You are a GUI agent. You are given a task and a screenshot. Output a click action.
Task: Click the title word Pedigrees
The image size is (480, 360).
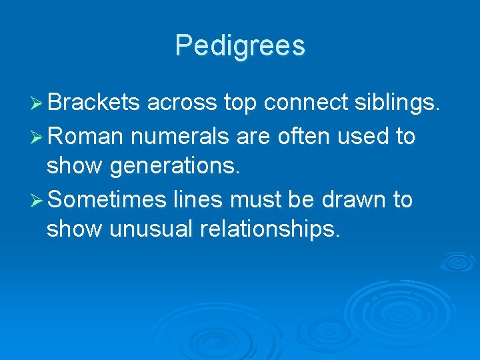[240, 46]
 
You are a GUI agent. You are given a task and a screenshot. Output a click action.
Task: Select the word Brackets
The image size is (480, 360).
[93, 103]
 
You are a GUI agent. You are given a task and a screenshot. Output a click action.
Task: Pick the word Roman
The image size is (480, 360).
[86, 137]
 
